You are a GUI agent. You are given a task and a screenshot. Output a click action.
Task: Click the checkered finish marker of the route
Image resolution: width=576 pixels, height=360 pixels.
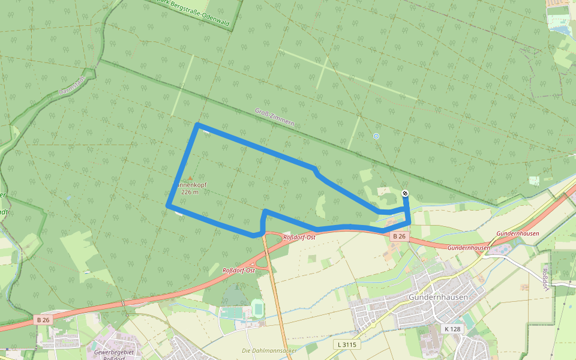click(405, 193)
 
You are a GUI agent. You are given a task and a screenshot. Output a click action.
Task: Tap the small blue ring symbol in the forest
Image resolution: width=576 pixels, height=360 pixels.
click(376, 136)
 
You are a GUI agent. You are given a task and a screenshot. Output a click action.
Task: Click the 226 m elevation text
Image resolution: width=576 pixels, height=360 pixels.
click(190, 192)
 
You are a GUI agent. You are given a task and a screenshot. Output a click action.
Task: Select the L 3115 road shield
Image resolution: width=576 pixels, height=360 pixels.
click(346, 344)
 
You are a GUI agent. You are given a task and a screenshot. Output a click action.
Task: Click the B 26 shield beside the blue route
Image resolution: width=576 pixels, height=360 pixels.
click(400, 236)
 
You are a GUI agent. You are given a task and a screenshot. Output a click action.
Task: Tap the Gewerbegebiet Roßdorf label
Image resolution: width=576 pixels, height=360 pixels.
click(114, 355)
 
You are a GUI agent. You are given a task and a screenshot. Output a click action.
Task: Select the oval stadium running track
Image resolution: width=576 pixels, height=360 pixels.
click(259, 310)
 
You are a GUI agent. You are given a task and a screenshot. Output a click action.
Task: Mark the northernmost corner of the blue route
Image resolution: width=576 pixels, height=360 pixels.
click(197, 125)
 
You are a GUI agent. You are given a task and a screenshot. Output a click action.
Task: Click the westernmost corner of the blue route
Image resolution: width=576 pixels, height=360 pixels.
click(168, 206)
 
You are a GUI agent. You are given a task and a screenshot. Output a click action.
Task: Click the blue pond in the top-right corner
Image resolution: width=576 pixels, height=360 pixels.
click(560, 28)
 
